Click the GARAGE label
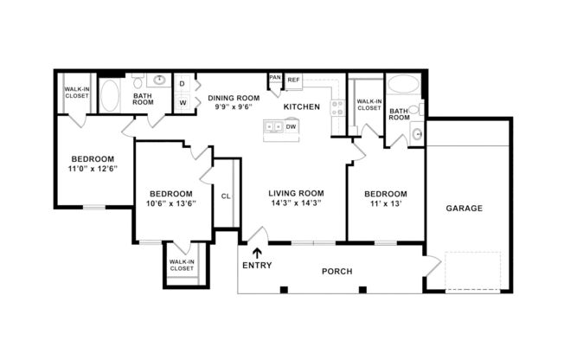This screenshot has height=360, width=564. [x=465, y=209]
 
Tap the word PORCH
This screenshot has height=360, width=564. [x=336, y=271]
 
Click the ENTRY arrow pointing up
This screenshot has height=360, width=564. [x=256, y=253]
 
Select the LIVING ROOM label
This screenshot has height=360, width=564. [x=296, y=193]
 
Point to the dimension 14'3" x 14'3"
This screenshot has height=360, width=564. [x=296, y=204]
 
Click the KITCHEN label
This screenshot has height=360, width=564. [x=302, y=106]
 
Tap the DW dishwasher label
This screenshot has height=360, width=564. [x=292, y=127]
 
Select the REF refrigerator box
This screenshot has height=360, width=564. [x=294, y=80]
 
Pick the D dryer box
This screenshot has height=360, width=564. [x=183, y=84]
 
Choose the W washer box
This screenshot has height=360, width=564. [x=183, y=103]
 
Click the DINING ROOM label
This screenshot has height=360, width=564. [x=234, y=99]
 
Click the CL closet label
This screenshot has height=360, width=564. [x=226, y=196]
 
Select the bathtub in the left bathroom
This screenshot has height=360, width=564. [x=111, y=95]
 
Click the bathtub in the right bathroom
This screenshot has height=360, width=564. [x=403, y=85]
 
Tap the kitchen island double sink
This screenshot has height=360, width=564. [x=274, y=127]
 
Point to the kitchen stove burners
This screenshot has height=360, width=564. [x=337, y=108]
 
